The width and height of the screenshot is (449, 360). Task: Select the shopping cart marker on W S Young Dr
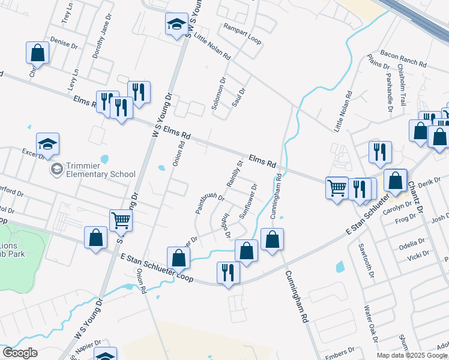point(121,221)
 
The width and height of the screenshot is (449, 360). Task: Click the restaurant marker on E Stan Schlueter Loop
point(228,272)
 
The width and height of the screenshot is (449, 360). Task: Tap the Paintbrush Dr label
point(209,203)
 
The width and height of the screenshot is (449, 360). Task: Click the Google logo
point(20,353)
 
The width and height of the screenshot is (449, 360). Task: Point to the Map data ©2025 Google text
point(412,355)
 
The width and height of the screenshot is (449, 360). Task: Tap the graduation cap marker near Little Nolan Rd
point(176,25)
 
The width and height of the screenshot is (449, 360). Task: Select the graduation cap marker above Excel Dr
point(47,144)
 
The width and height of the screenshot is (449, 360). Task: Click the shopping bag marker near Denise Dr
point(37,53)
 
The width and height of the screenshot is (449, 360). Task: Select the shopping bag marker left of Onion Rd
point(95,238)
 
